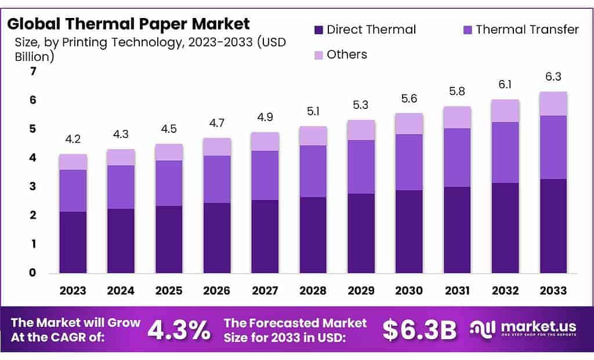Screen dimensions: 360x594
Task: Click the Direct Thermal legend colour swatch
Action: click(318, 30)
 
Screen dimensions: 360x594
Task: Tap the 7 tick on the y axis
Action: click(33, 71)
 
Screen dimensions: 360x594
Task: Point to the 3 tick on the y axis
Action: click(33, 187)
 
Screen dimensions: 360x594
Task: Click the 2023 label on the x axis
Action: click(73, 290)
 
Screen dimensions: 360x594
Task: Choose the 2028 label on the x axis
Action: click(313, 290)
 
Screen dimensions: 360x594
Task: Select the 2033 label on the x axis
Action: click(553, 290)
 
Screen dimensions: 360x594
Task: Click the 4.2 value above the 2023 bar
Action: click(73, 140)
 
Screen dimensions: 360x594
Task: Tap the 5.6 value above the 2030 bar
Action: click(410, 99)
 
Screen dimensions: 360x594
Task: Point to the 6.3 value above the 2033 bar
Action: click(553, 77)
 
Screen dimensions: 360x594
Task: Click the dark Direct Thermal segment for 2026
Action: click(217, 238)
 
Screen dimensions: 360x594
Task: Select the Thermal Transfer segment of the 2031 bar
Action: click(457, 157)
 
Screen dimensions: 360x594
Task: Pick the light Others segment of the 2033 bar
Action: click(553, 104)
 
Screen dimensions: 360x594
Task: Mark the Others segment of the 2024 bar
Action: click(121, 157)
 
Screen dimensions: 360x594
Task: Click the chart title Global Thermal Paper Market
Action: click(128, 24)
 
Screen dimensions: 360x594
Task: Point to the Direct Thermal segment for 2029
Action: click(361, 233)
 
